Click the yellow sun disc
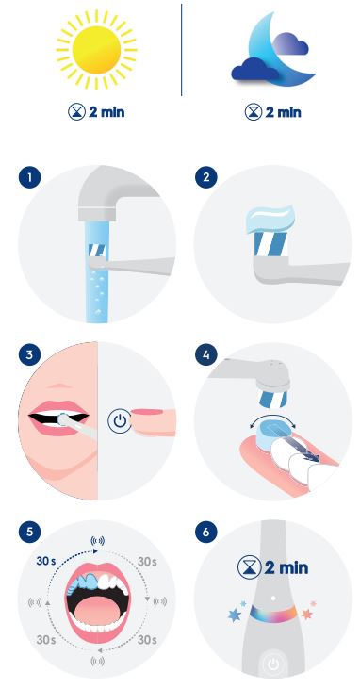coord(96,50)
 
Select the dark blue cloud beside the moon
coord(255,70)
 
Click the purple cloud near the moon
coord(290,43)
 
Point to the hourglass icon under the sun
coord(76,112)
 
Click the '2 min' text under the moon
coord(283,112)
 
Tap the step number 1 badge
coord(29,178)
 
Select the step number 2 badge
coord(206,178)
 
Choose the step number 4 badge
coord(206,354)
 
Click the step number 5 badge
coord(29,532)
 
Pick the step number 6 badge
coord(206,532)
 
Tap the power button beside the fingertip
coord(119,422)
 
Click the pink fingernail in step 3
coord(147,412)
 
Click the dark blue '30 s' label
coord(46,562)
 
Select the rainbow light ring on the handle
coord(273,614)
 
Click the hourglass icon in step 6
coord(249,567)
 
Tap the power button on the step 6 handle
coord(273,664)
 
